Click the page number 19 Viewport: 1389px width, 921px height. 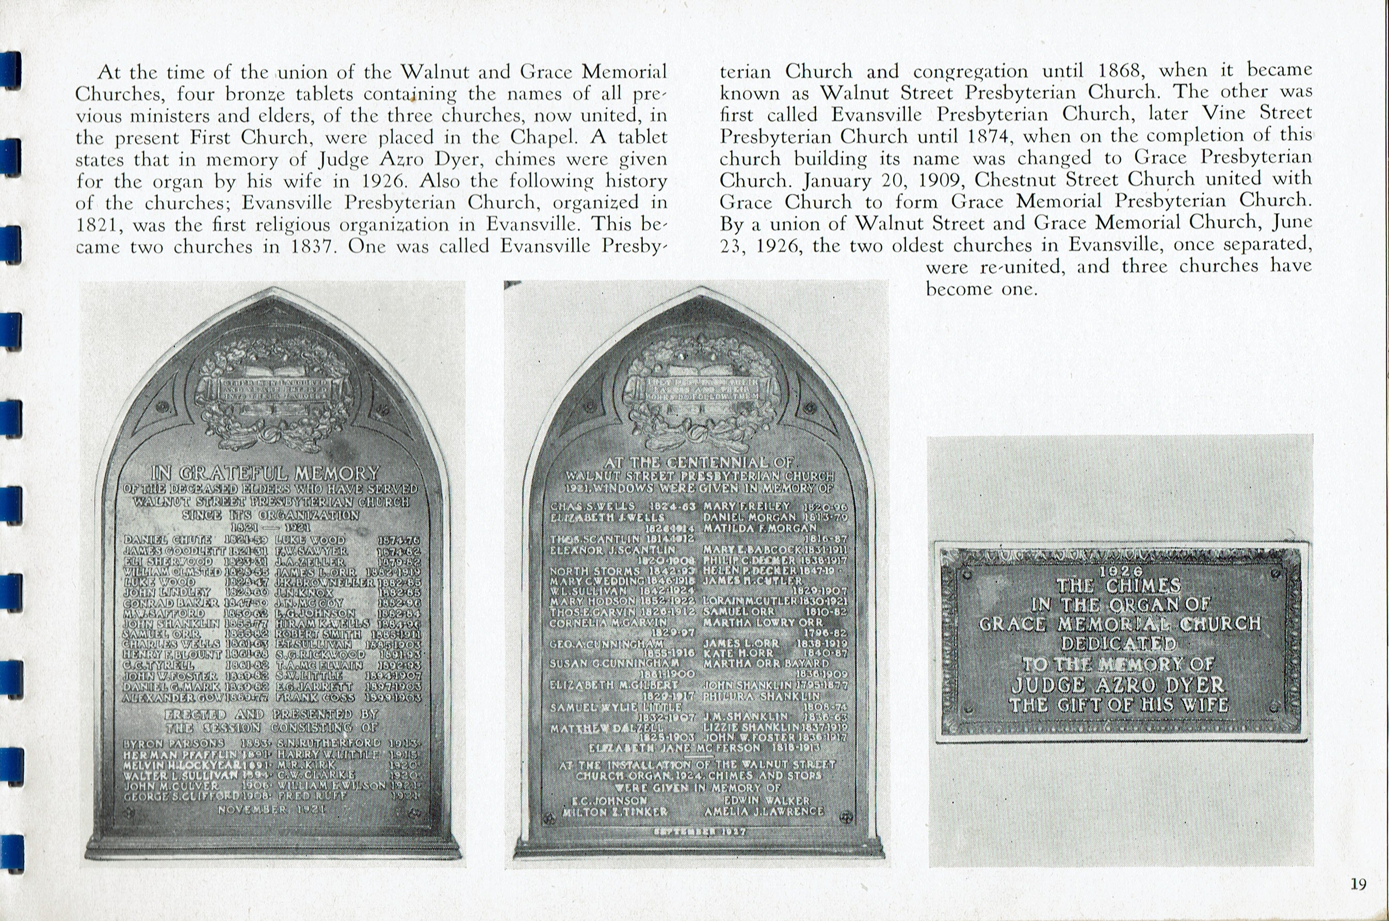coord(1358,884)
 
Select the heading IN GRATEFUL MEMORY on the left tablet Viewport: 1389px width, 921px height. coord(265,473)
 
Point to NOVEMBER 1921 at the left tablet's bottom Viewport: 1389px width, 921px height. coord(272,809)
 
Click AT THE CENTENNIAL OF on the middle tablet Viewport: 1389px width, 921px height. coord(699,462)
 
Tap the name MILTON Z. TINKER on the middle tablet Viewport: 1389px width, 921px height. coord(615,812)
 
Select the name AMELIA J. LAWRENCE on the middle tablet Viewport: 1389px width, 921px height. coord(764,811)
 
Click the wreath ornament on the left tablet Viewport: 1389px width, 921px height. coord(274,388)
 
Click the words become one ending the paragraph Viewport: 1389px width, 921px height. coord(981,289)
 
